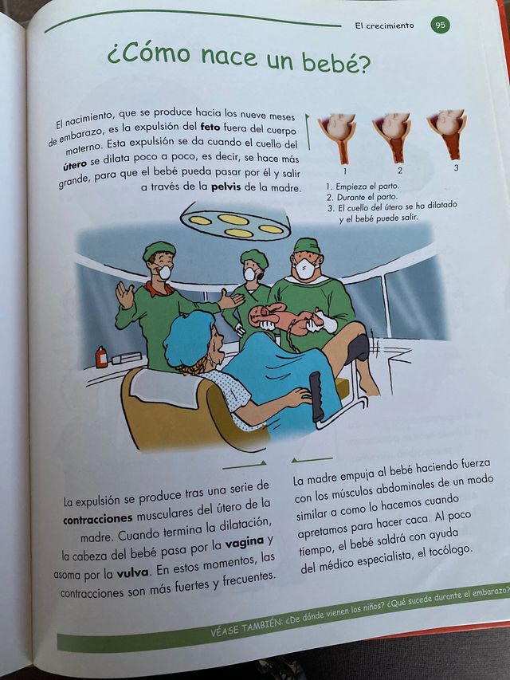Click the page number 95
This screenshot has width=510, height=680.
pos(441,25)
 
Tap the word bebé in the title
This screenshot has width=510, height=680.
pos(335,61)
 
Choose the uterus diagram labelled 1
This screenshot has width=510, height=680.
pos(337,132)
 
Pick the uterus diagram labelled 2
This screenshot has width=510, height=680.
pos(393,132)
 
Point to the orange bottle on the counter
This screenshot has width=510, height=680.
pos(101,356)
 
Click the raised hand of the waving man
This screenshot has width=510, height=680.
pos(124,295)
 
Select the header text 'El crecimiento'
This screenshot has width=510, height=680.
pos(385,26)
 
